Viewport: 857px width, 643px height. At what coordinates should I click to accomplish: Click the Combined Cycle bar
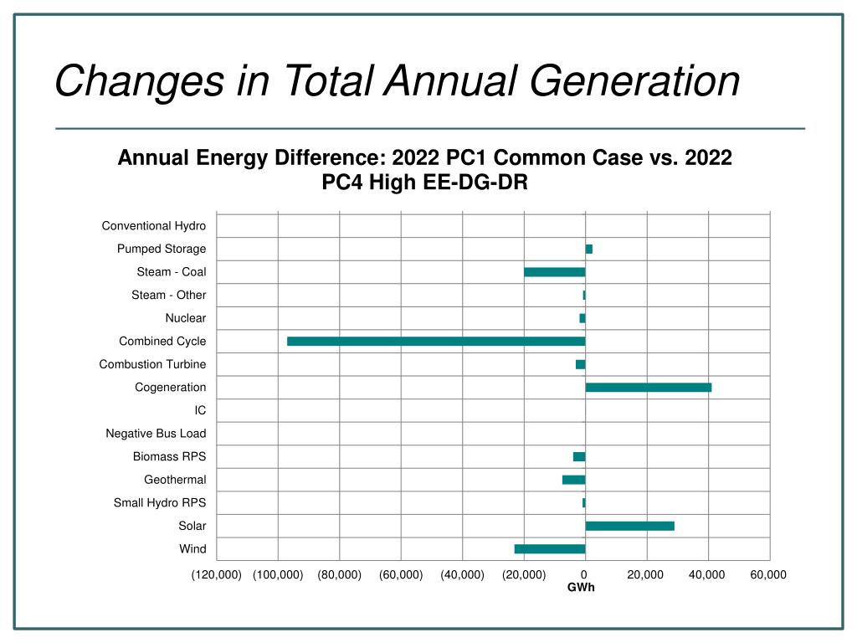[436, 342]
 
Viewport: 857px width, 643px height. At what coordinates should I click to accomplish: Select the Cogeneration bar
[649, 388]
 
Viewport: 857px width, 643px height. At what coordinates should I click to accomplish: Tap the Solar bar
[630, 526]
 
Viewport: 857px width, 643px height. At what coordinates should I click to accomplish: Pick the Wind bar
[550, 549]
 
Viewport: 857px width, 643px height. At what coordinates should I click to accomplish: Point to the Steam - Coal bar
[555, 272]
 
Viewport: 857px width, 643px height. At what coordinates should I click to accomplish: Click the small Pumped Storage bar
[589, 249]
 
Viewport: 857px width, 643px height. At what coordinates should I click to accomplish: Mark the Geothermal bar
[574, 480]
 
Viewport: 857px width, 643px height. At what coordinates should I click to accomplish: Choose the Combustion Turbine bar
[581, 364]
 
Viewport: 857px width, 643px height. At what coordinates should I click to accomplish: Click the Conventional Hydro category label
[154, 226]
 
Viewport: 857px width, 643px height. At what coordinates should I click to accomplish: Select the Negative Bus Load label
[156, 434]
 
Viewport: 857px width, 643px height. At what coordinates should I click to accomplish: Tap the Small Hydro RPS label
[160, 503]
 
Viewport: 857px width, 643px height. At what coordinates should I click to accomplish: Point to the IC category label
[200, 410]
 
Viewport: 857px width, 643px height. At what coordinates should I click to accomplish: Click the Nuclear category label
[186, 318]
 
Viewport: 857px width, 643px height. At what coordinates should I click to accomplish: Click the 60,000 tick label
[768, 574]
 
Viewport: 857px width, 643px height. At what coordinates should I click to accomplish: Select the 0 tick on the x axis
[585, 574]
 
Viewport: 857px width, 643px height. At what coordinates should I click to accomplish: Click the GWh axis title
[581, 588]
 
